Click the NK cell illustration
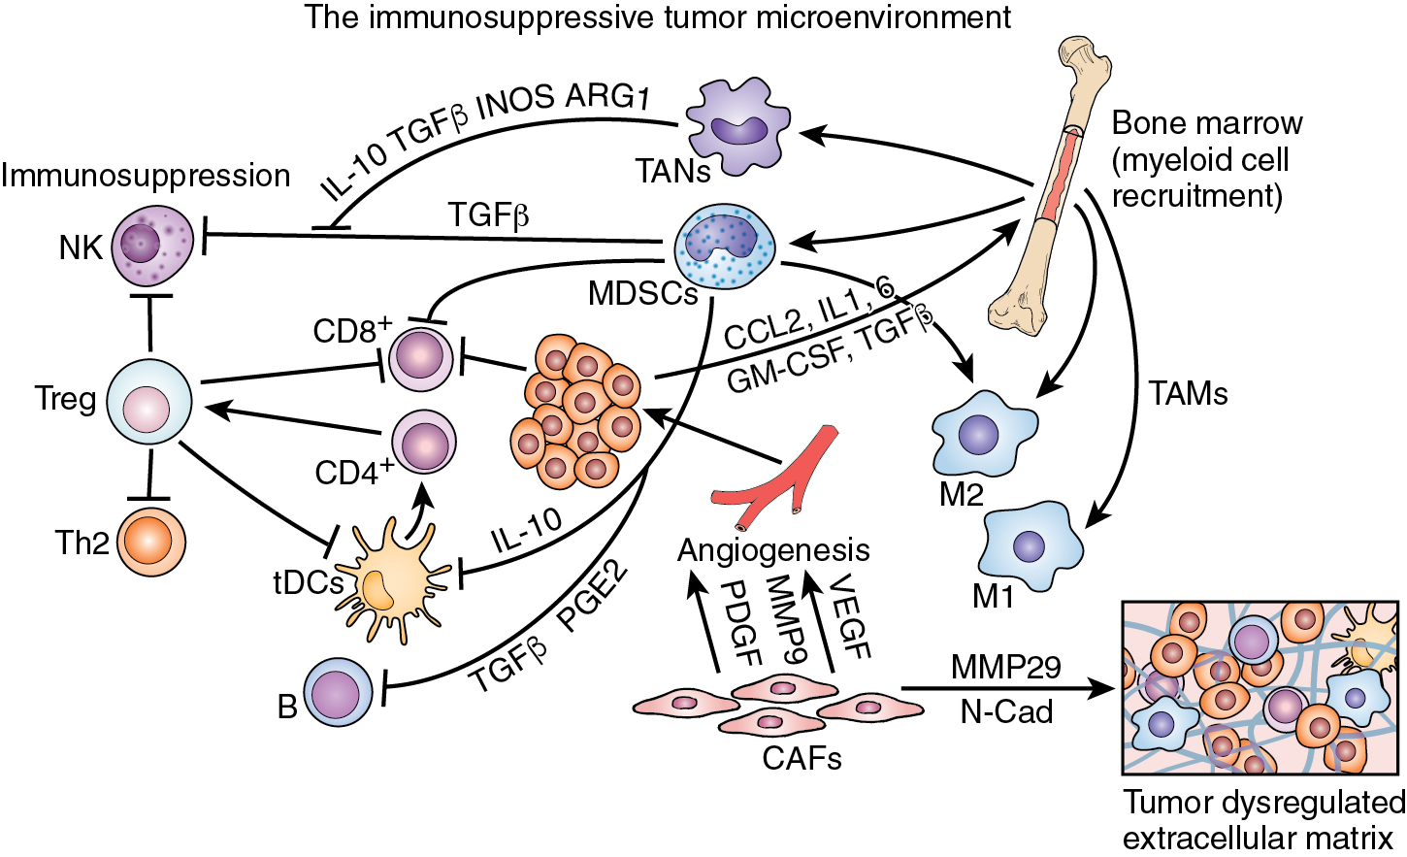152,244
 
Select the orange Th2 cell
151,542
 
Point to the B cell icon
338,693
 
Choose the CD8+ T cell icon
421,358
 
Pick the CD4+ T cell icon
423,442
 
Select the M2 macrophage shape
982,434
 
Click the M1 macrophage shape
1031,545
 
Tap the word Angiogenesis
772,550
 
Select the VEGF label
850,617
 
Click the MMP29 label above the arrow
1005,668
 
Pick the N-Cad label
1006,711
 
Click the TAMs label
1188,393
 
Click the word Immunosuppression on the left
146,176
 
